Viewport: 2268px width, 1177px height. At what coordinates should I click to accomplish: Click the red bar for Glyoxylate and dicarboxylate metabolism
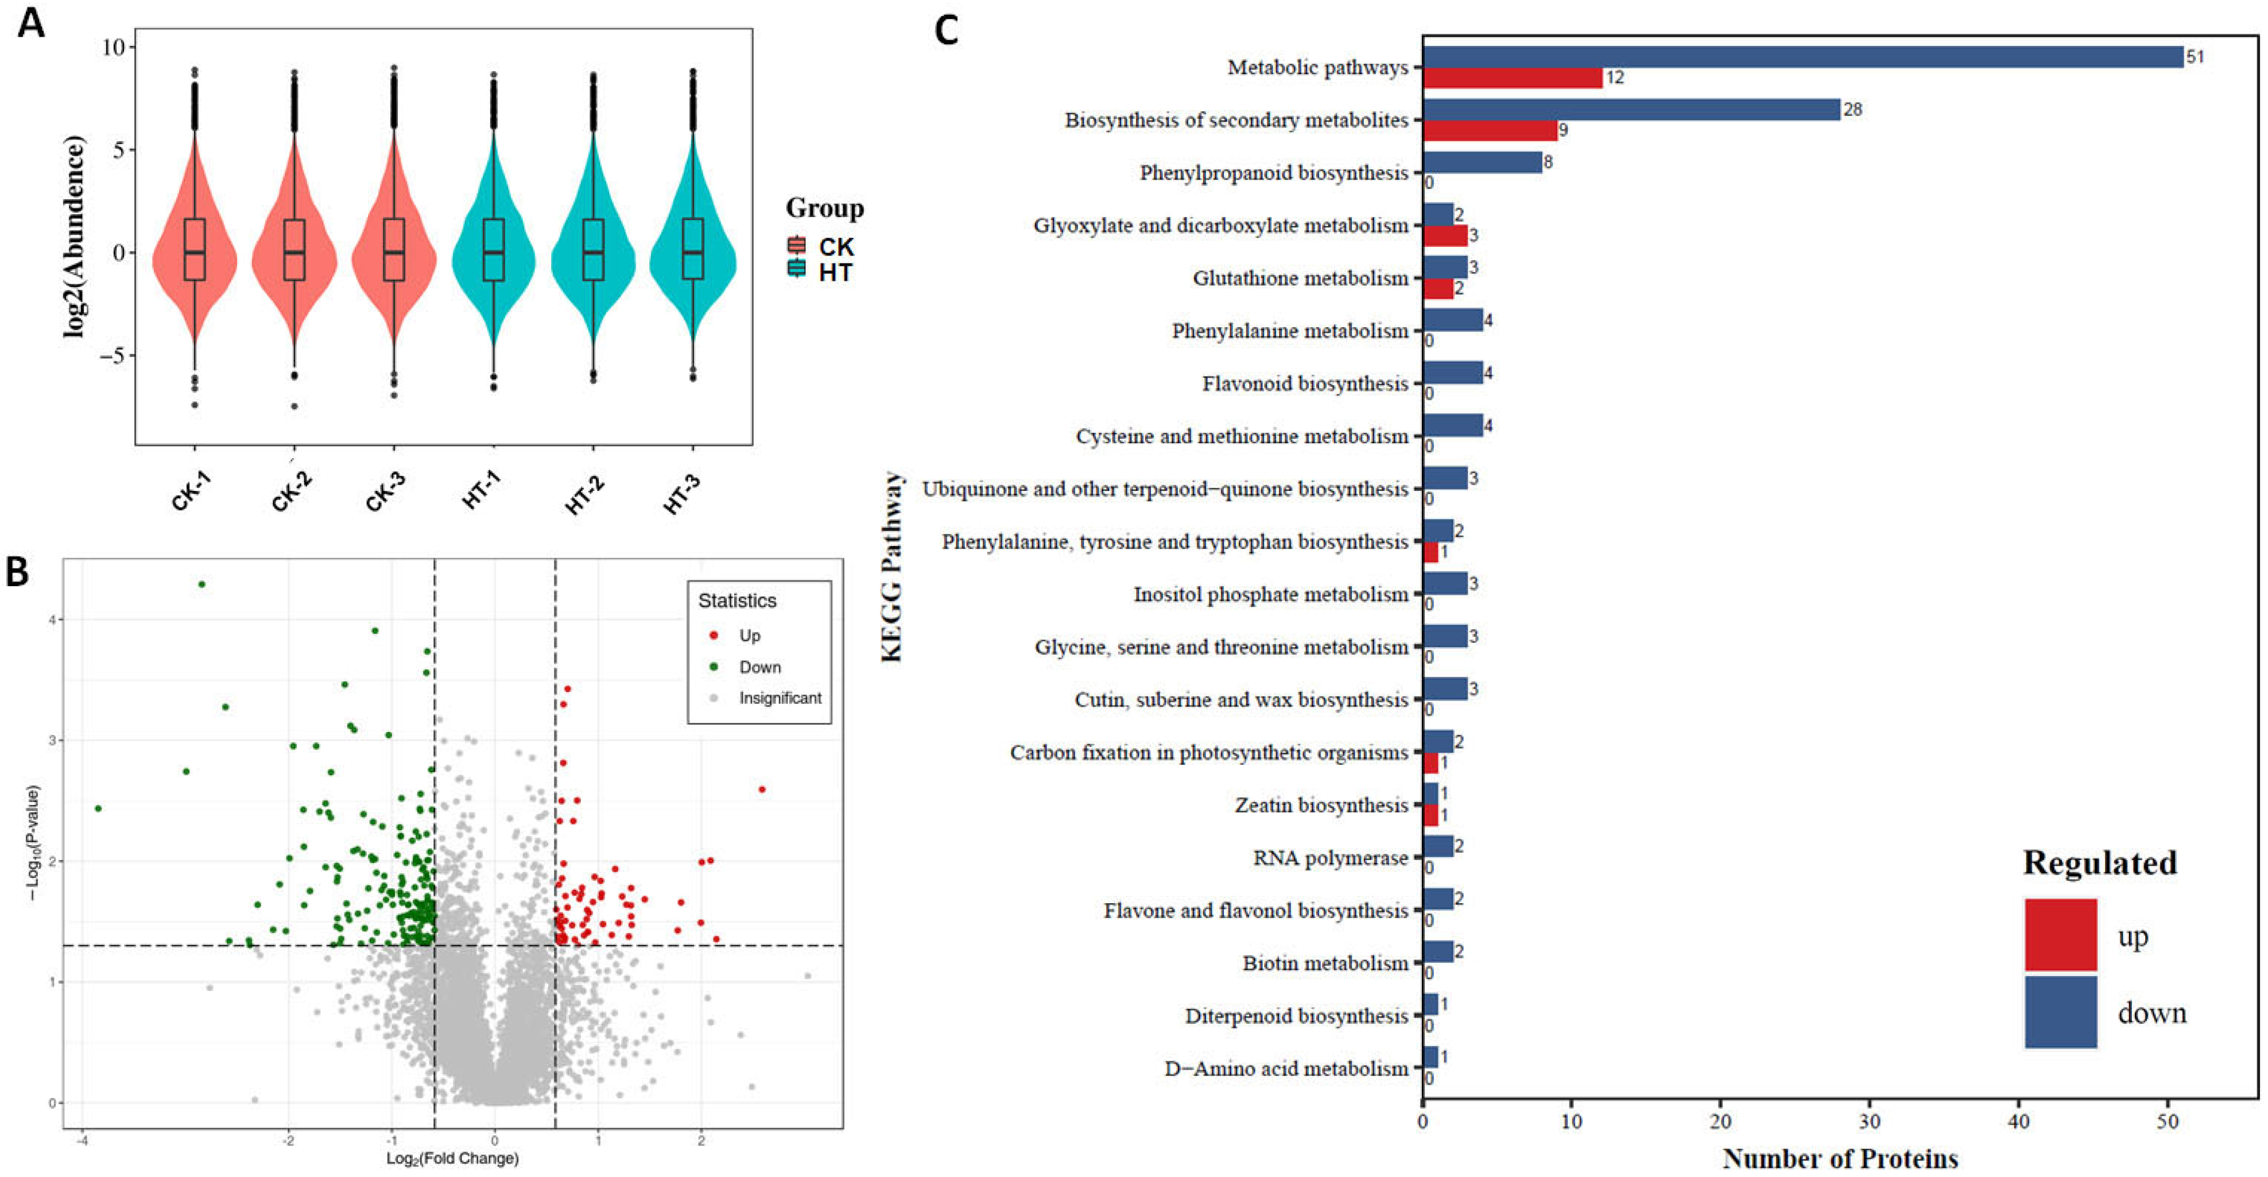coord(1445,236)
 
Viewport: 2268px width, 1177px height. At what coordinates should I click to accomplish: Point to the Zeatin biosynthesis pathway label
coord(1321,806)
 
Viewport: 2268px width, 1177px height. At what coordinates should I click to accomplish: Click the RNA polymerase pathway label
coord(1331,858)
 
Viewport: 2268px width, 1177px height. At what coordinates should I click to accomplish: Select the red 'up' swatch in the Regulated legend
coord(2060,934)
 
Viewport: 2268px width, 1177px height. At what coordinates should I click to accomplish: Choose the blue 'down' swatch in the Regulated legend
coord(2060,1012)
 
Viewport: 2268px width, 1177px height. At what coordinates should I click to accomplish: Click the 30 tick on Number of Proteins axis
coord(1869,1122)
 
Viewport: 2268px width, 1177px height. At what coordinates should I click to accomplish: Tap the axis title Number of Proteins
coord(1840,1159)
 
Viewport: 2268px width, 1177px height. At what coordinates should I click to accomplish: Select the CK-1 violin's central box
coord(195,249)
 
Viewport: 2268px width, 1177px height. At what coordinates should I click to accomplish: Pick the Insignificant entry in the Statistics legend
coord(779,698)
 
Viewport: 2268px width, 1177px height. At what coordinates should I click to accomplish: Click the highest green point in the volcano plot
coord(201,584)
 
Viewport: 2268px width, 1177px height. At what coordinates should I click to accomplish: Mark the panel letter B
coord(18,572)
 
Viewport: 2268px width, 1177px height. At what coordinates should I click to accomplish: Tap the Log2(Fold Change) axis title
coord(452,1159)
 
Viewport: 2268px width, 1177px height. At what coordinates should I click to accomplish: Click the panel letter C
coord(947,31)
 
